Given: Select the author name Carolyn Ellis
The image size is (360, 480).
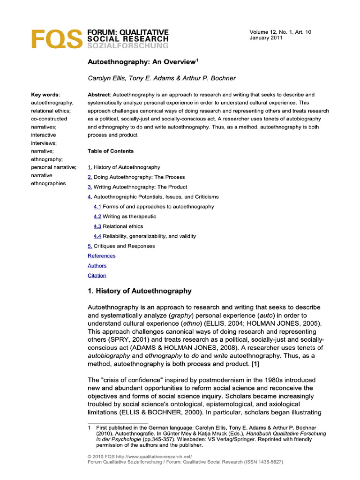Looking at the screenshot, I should (105, 78).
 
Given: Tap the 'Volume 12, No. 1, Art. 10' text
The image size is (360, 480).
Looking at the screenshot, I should (280, 32).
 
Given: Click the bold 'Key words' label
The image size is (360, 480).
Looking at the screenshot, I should (45, 94).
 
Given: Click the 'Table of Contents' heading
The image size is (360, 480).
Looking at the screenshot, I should (111, 151).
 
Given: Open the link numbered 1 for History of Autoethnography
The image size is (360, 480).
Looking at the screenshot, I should (90, 167).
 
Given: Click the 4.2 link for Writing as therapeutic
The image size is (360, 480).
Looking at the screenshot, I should (97, 217).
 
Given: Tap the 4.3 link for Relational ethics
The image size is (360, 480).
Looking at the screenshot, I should (97, 226).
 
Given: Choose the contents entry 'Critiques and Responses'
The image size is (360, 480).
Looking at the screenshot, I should (124, 246).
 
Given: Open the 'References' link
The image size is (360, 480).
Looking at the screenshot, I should (101, 256).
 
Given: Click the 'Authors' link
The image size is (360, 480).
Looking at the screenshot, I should (97, 266).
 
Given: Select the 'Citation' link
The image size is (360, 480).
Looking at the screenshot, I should (97, 276).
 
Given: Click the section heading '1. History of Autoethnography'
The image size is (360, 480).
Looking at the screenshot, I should (140, 291).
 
